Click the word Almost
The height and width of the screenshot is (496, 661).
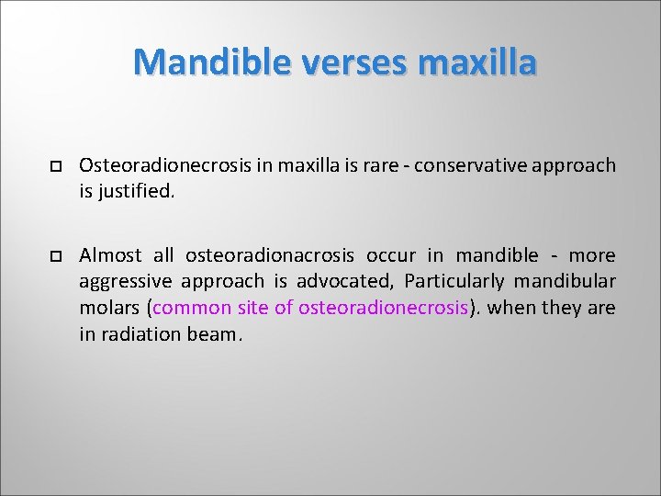click(x=110, y=254)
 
